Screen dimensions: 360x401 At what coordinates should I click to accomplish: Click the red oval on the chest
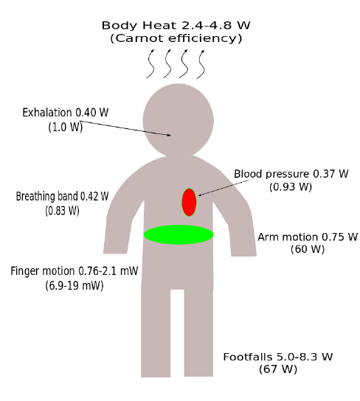(x=189, y=202)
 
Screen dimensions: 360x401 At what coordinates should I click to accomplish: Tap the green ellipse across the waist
(x=179, y=234)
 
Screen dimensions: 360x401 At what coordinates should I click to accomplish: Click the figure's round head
(x=178, y=119)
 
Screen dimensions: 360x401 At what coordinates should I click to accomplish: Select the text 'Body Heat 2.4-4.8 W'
(x=176, y=25)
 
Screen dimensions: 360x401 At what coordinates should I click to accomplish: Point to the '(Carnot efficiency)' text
(x=176, y=38)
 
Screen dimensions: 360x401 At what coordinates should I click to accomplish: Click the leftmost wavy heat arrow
(x=151, y=64)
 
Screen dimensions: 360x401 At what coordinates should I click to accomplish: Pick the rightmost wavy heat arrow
(x=201, y=64)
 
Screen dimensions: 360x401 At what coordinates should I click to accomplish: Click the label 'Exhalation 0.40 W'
(x=66, y=113)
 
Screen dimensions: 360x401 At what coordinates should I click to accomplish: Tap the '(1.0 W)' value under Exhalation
(x=66, y=127)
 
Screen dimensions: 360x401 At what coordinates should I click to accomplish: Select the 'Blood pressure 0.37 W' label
(x=291, y=174)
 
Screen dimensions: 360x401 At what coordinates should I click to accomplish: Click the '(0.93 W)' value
(x=291, y=187)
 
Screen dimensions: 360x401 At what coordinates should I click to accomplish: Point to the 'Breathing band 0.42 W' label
(x=62, y=196)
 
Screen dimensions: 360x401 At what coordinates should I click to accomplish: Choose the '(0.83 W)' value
(x=62, y=211)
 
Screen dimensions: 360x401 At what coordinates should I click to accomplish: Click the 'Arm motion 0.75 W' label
(x=308, y=237)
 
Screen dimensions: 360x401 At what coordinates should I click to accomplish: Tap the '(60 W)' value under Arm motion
(x=308, y=249)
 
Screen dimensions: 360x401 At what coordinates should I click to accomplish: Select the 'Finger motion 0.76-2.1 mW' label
(x=75, y=271)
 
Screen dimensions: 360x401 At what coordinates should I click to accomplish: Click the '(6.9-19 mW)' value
(x=75, y=285)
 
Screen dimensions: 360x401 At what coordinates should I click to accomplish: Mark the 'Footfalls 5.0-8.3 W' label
(x=278, y=357)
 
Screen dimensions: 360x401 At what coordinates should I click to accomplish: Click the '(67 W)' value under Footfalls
(x=278, y=369)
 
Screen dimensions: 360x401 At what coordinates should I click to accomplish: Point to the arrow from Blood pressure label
(x=224, y=188)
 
